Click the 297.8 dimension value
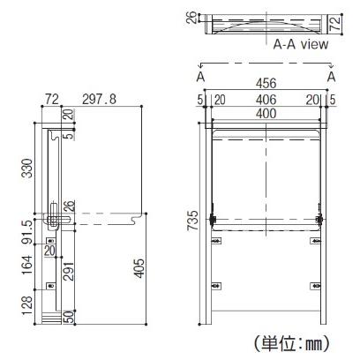(x=99, y=99)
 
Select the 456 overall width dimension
(x=266, y=84)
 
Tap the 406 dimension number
(x=266, y=100)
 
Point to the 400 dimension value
(x=266, y=114)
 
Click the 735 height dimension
(x=193, y=221)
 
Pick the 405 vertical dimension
(x=139, y=268)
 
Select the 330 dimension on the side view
(x=28, y=169)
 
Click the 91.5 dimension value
(x=28, y=232)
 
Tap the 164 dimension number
(x=28, y=266)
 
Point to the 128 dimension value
(x=28, y=306)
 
